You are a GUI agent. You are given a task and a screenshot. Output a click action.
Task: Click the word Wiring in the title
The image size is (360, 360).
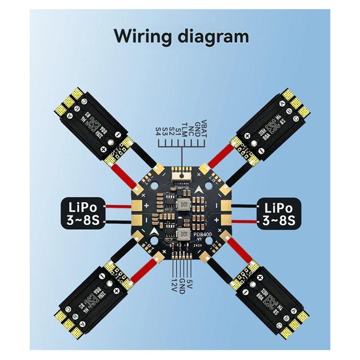point(139,35)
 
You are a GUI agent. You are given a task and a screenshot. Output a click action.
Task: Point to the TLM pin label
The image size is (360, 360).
point(184,128)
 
